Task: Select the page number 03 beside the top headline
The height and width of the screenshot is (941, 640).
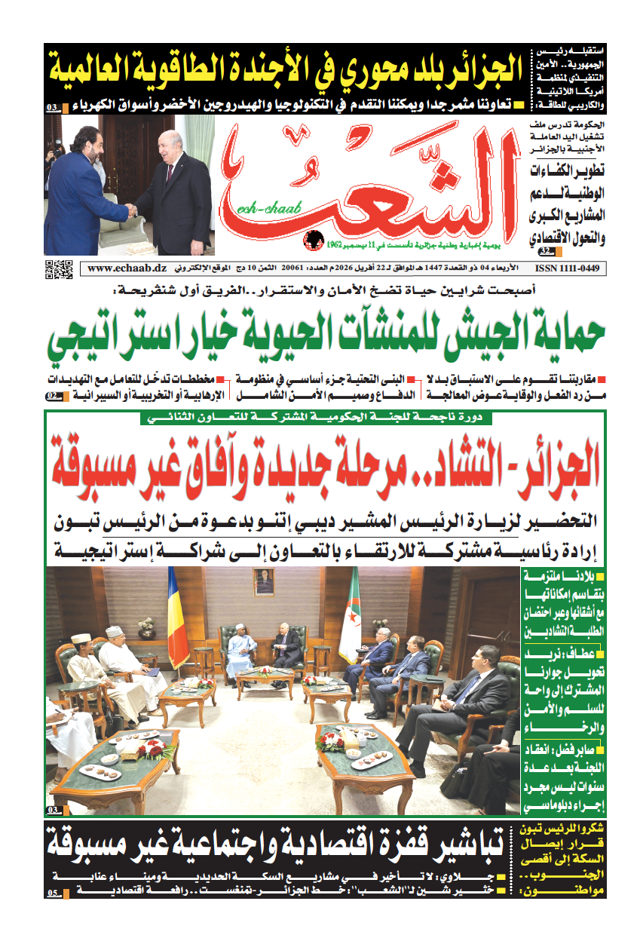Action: click(54, 108)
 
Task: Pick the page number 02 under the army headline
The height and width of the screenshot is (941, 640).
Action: click(55, 395)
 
